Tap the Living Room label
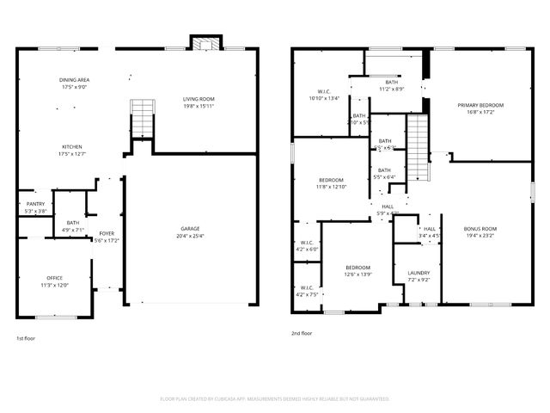(199, 99)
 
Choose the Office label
(54, 278)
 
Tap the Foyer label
(106, 233)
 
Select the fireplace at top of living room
(205, 45)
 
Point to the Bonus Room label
(480, 229)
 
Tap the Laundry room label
(419, 273)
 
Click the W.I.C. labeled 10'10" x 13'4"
(324, 93)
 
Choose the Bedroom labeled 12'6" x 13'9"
(357, 268)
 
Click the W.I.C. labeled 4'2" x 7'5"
(307, 288)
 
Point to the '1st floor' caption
(27, 338)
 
